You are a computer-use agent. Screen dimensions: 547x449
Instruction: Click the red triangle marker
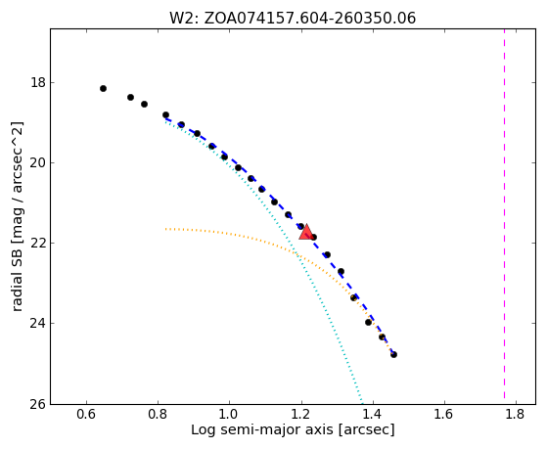[306, 232]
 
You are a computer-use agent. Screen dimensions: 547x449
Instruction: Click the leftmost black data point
[103, 89]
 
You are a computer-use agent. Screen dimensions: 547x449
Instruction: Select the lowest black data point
[393, 355]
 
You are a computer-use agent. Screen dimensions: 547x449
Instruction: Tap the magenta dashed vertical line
[505, 213]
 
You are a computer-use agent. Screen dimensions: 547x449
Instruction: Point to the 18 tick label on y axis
[38, 83]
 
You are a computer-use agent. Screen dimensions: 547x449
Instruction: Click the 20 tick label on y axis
[38, 163]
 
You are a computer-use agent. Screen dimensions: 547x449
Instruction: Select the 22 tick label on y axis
[38, 243]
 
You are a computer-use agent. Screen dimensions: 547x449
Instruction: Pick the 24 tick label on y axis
[38, 323]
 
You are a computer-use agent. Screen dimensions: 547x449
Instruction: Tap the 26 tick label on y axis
[38, 404]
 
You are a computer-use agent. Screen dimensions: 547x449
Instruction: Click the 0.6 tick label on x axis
[86, 414]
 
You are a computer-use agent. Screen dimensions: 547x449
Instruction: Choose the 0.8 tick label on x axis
[158, 414]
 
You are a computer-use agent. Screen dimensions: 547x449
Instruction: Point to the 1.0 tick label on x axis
[229, 414]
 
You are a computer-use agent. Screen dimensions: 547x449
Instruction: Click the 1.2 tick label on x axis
[301, 414]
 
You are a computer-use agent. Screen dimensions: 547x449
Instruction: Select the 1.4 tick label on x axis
[373, 414]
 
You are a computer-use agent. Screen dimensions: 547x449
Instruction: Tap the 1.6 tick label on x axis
[444, 414]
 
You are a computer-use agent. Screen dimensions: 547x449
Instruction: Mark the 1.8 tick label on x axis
[516, 414]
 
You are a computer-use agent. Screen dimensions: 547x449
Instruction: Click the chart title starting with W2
[293, 19]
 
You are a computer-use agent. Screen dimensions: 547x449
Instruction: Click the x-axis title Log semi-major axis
[293, 430]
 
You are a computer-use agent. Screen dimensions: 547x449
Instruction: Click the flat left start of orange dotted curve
[166, 229]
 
